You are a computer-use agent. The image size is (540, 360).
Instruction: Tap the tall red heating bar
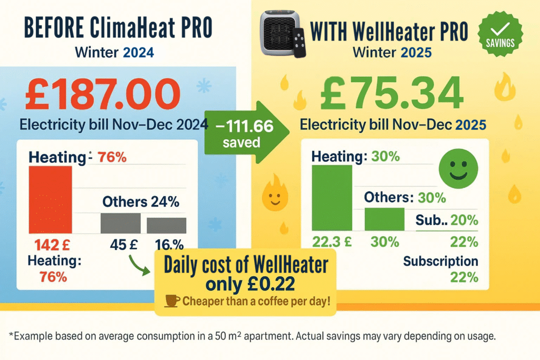(x=50, y=200)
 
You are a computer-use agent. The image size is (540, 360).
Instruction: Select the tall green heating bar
(x=332, y=199)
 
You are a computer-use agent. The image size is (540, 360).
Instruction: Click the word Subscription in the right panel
(x=441, y=261)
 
